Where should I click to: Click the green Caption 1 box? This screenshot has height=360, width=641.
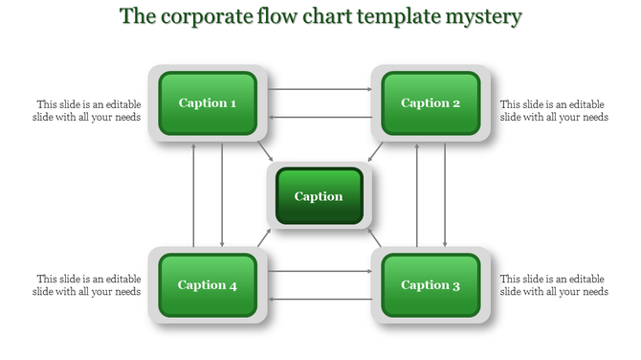(x=208, y=102)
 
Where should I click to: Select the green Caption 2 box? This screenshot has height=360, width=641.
(x=431, y=102)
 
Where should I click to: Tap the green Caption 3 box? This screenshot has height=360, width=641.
(x=431, y=284)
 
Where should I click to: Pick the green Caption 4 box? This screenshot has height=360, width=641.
(x=208, y=284)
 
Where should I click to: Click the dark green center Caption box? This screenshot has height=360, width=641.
(x=319, y=196)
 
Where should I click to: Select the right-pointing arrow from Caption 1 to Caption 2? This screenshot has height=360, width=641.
(x=320, y=89)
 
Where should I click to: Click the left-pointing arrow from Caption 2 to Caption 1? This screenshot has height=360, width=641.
(x=320, y=117)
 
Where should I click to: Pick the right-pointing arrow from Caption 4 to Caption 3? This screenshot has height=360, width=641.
(x=320, y=271)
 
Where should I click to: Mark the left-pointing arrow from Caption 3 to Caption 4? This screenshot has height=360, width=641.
(x=320, y=299)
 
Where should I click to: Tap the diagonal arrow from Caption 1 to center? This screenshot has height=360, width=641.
(x=265, y=152)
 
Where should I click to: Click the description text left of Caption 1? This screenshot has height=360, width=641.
(x=88, y=110)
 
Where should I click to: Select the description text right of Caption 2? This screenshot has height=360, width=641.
(x=553, y=110)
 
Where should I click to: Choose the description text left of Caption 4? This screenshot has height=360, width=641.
(x=88, y=284)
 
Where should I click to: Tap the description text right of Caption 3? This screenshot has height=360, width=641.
(x=553, y=284)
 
